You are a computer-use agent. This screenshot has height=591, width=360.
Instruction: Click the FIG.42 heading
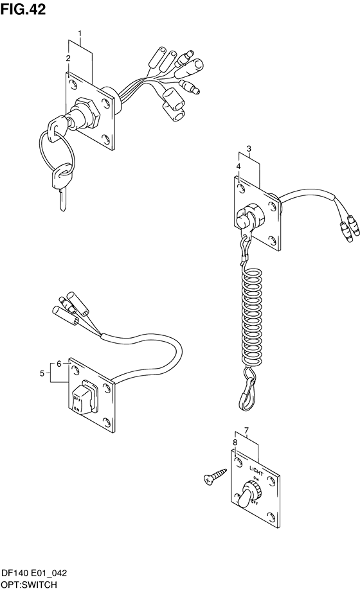click(x=23, y=9)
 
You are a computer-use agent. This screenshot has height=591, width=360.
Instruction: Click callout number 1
click(x=80, y=34)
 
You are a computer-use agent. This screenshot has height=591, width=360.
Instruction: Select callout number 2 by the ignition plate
click(x=68, y=58)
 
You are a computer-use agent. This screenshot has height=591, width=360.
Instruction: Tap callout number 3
click(x=249, y=148)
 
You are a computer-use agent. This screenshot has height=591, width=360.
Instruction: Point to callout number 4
click(x=239, y=166)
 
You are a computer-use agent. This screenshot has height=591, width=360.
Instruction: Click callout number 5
click(x=42, y=373)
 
